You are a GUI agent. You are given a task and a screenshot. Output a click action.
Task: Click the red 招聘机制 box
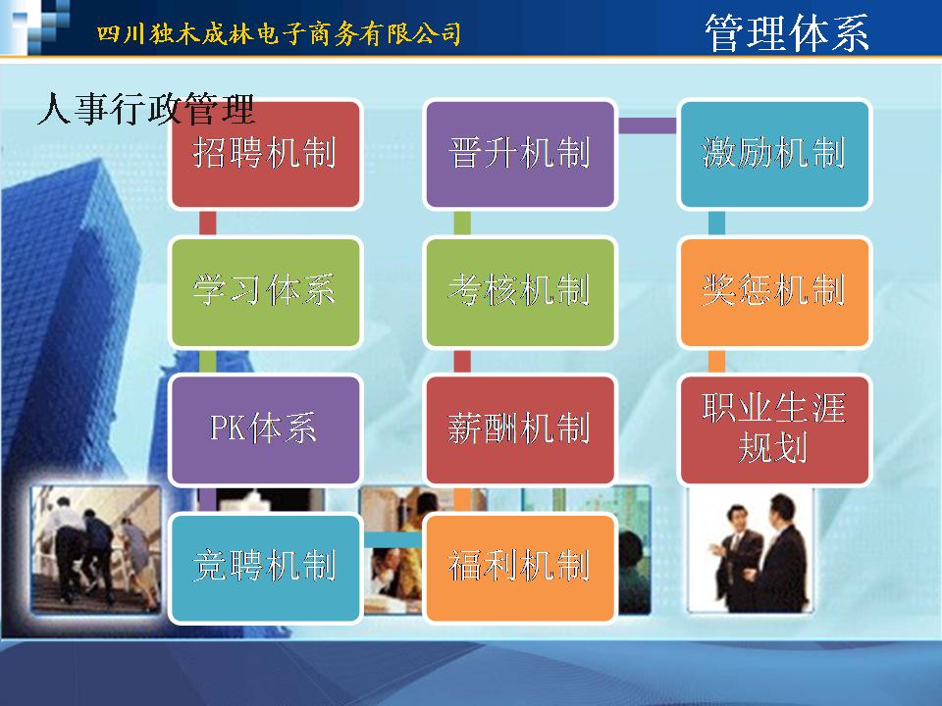(265, 154)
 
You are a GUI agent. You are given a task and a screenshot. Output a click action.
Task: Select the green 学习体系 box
(265, 292)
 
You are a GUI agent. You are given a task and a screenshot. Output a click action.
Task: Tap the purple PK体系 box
(265, 429)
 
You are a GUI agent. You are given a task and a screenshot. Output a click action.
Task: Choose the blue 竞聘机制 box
(265, 568)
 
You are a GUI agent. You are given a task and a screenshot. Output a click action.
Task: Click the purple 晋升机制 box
(520, 154)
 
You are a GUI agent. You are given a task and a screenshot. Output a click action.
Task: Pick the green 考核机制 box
(520, 292)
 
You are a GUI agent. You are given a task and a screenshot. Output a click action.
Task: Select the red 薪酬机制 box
(520, 429)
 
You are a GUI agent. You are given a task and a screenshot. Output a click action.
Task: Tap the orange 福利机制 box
(520, 568)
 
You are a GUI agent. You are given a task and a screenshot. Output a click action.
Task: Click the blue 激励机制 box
(774, 154)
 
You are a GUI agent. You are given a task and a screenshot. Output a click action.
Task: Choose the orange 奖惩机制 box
(774, 292)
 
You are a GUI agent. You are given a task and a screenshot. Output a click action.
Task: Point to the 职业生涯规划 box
(774, 429)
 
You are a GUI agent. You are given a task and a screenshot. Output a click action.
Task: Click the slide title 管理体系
(786, 32)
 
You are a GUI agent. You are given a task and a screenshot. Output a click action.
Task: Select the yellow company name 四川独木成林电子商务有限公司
(279, 33)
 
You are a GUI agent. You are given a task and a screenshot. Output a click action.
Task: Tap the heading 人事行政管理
(146, 109)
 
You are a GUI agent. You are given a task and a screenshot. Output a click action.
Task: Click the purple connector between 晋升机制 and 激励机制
(648, 126)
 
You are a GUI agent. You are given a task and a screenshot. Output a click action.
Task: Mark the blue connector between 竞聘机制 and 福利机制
(392, 539)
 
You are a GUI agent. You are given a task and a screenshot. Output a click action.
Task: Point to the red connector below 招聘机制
(207, 224)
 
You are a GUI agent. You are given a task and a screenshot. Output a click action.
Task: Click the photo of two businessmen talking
(750, 549)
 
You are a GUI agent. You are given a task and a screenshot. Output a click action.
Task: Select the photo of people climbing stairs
(96, 549)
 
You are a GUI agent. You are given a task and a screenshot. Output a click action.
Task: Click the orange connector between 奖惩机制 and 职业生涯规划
(716, 361)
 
